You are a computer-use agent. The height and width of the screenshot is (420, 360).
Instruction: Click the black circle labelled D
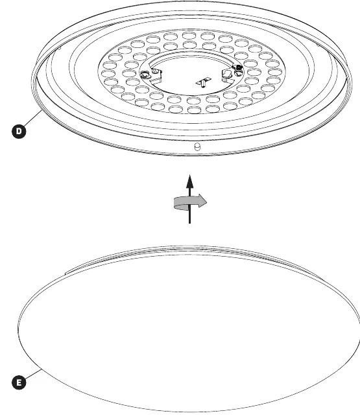[x=19, y=131]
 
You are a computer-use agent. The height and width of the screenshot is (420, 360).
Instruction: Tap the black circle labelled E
[x=19, y=382]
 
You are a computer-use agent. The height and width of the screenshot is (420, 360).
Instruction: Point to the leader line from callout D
[x=33, y=118]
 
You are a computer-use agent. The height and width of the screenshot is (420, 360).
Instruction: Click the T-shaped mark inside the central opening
[x=203, y=82]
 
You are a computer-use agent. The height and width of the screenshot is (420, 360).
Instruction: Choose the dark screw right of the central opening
[x=237, y=69]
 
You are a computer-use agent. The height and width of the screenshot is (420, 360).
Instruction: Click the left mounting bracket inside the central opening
[x=156, y=76]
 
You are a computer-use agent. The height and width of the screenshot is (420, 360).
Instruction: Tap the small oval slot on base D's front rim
[x=197, y=146]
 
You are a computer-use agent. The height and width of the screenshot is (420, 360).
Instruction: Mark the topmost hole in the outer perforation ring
[x=189, y=35]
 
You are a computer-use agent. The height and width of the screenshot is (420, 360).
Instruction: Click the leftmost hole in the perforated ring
[x=109, y=74]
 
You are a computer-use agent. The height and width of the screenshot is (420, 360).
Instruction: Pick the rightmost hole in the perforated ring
[x=275, y=72]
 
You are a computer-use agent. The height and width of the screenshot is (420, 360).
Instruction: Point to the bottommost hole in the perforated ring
[x=194, y=110]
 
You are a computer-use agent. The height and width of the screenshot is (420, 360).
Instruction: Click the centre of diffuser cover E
[x=189, y=329]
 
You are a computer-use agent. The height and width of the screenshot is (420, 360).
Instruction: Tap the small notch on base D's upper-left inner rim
[x=60, y=48]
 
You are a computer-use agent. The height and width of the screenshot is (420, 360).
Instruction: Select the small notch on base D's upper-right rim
[x=318, y=45]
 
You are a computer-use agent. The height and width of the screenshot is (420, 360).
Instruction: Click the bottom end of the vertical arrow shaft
[x=190, y=223]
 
